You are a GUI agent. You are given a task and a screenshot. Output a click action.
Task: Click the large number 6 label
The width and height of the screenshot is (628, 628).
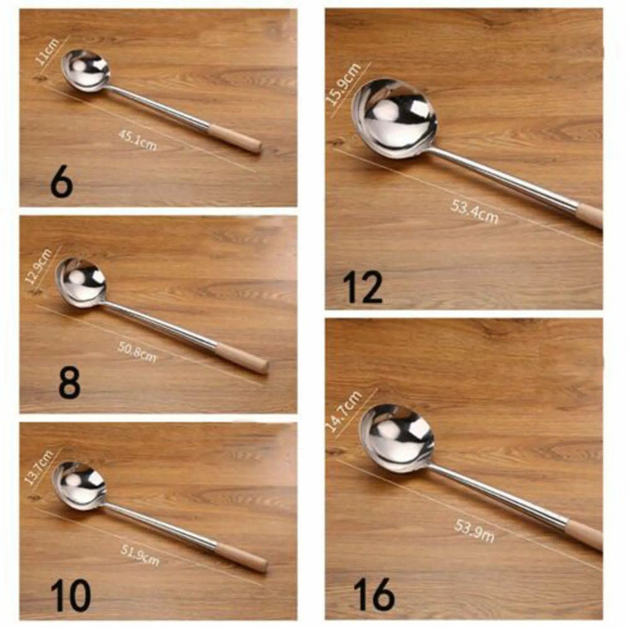click(x=62, y=184)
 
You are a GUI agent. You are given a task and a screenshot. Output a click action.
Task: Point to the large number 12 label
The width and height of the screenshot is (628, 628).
click(x=363, y=287)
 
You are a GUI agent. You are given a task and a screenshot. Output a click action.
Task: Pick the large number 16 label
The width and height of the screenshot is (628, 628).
click(x=374, y=595)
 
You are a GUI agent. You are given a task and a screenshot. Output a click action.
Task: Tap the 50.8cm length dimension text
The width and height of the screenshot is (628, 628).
click(x=137, y=352)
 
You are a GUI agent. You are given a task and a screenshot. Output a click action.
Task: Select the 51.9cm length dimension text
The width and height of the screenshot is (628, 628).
click(x=140, y=555)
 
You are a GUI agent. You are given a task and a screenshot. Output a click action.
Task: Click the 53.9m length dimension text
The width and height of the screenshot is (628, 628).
click(x=474, y=531)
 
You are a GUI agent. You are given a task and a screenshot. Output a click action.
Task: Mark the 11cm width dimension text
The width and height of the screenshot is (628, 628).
click(x=48, y=52)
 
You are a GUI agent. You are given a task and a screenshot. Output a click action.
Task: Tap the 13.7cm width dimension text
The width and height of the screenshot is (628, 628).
click(x=39, y=468)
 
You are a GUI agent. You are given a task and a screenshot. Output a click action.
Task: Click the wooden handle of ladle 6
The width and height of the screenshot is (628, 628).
click(x=235, y=138)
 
